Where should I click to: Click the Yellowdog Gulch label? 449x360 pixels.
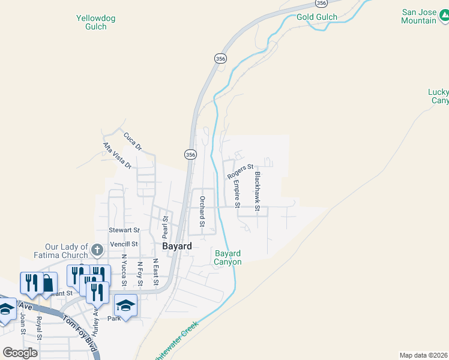[x=95, y=23]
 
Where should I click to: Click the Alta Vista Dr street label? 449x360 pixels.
[x=116, y=155]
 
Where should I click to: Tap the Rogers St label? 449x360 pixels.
[x=240, y=172]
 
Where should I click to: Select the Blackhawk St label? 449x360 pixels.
[x=258, y=192]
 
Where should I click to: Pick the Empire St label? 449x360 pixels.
[x=237, y=194]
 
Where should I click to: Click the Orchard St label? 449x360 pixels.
[x=202, y=212]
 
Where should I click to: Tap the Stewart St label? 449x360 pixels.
[x=124, y=230]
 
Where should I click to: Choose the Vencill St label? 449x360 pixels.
[x=124, y=244]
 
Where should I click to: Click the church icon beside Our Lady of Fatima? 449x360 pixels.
[x=97, y=248]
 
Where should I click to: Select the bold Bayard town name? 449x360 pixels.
[x=177, y=246]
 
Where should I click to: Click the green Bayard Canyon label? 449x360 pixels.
[x=228, y=257]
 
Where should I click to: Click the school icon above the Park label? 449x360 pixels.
[x=125, y=305]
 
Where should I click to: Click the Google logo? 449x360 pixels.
[x=20, y=353]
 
